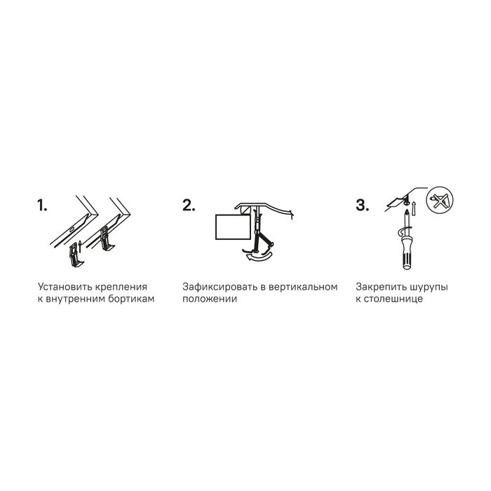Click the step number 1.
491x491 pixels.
42,206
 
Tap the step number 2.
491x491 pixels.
189,206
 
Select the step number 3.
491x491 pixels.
363,206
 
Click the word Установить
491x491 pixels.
65,287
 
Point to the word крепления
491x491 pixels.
121,288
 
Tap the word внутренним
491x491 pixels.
76,299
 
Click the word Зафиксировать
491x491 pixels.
220,287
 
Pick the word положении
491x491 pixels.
210,299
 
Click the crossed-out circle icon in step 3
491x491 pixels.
440,200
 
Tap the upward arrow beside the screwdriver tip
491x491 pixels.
414,208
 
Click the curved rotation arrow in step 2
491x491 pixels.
258,256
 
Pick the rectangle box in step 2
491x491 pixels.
234,227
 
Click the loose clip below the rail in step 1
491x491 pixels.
75,255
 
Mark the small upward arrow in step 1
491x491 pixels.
80,247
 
